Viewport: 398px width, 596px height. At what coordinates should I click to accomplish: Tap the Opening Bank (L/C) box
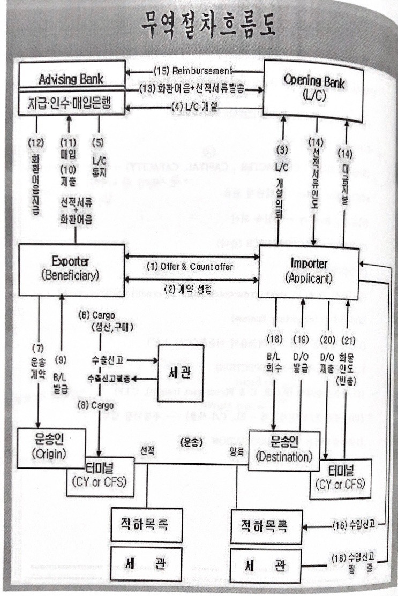[x=313, y=86]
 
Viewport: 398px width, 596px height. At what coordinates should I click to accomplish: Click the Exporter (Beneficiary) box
[x=71, y=269]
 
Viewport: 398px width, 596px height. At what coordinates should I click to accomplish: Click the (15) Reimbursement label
[x=193, y=71]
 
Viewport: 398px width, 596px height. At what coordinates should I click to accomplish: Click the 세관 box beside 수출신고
[x=181, y=373]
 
